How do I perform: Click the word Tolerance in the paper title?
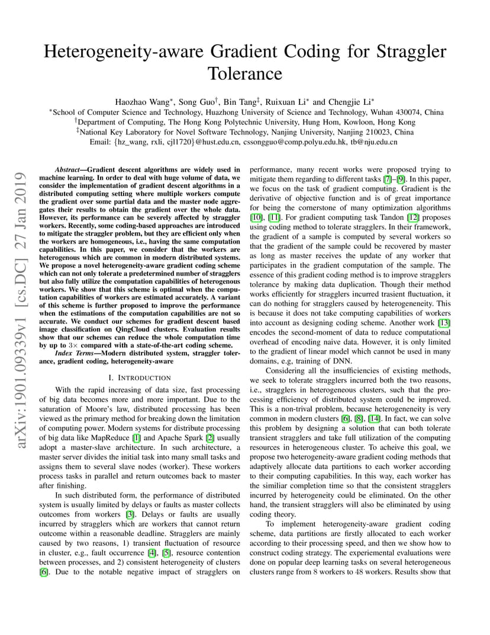245,73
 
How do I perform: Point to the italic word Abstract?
66,169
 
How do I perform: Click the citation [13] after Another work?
444,323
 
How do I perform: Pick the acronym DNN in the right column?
341,361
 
